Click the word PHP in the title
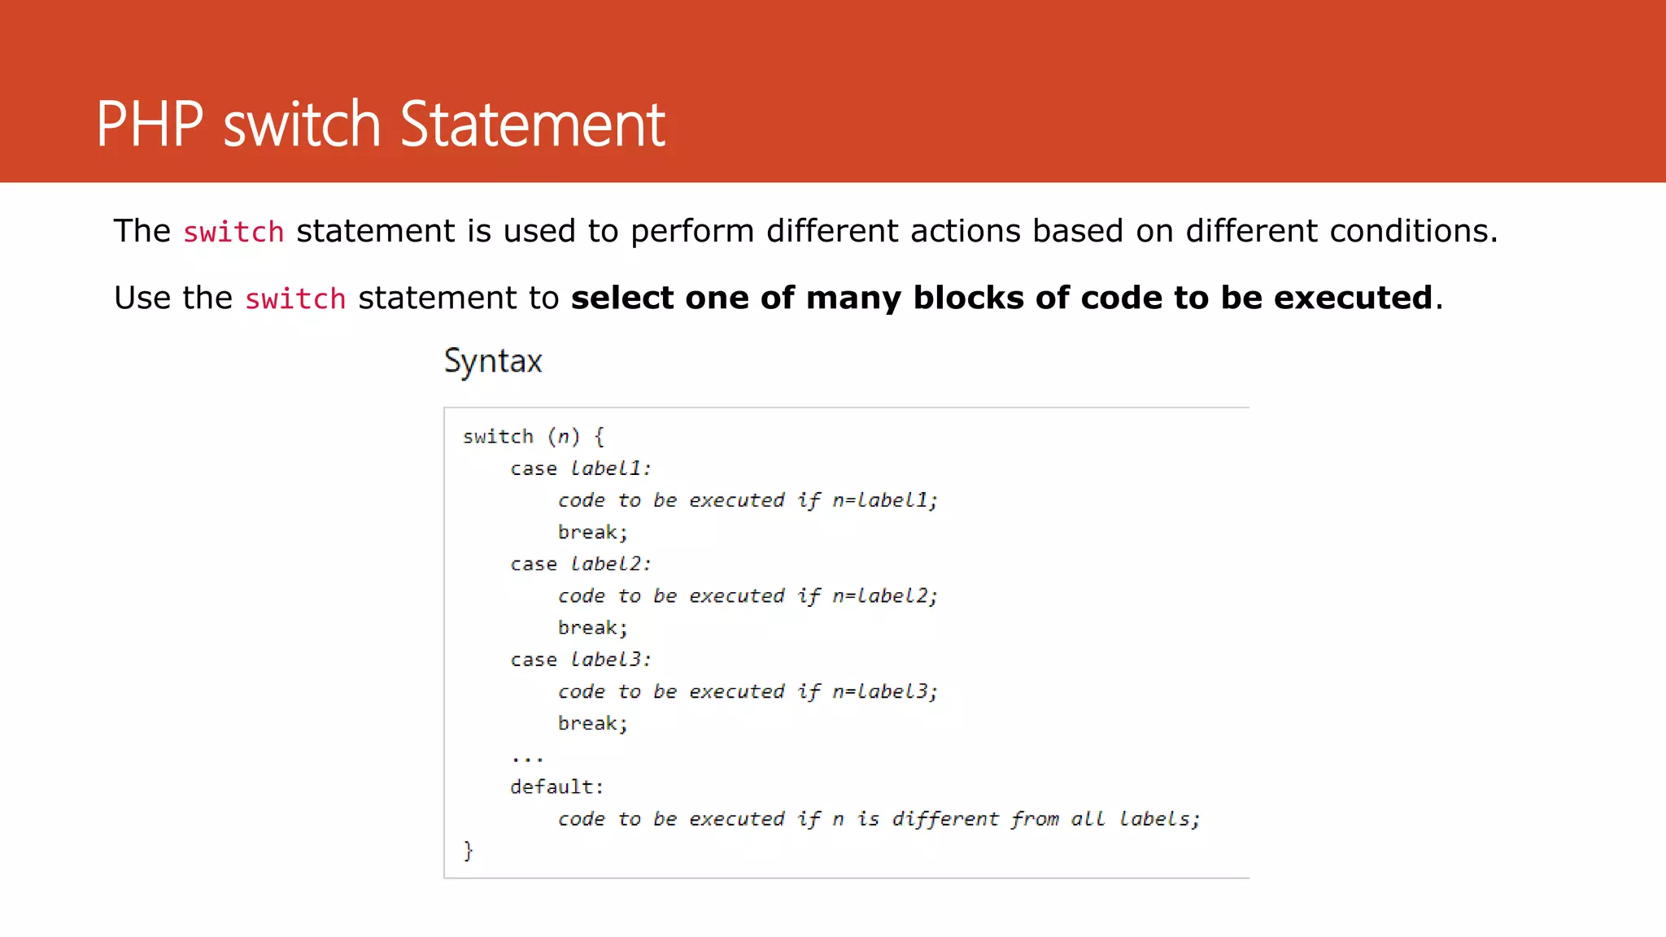coord(149,124)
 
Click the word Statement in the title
coord(533,124)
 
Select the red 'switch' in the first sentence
coord(233,233)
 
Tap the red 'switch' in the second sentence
coord(295,299)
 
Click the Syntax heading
coord(493,360)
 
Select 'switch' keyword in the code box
coord(498,437)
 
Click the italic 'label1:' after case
coord(610,468)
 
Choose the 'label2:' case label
coord(610,564)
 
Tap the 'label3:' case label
coord(610,660)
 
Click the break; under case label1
coord(592,533)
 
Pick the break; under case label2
coord(592,628)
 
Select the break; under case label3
coord(592,724)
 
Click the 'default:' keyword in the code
coord(556,787)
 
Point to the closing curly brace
coord(468,851)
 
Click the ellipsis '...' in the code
coord(527,757)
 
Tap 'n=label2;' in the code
coord(884,596)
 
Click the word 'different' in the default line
coord(944,819)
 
